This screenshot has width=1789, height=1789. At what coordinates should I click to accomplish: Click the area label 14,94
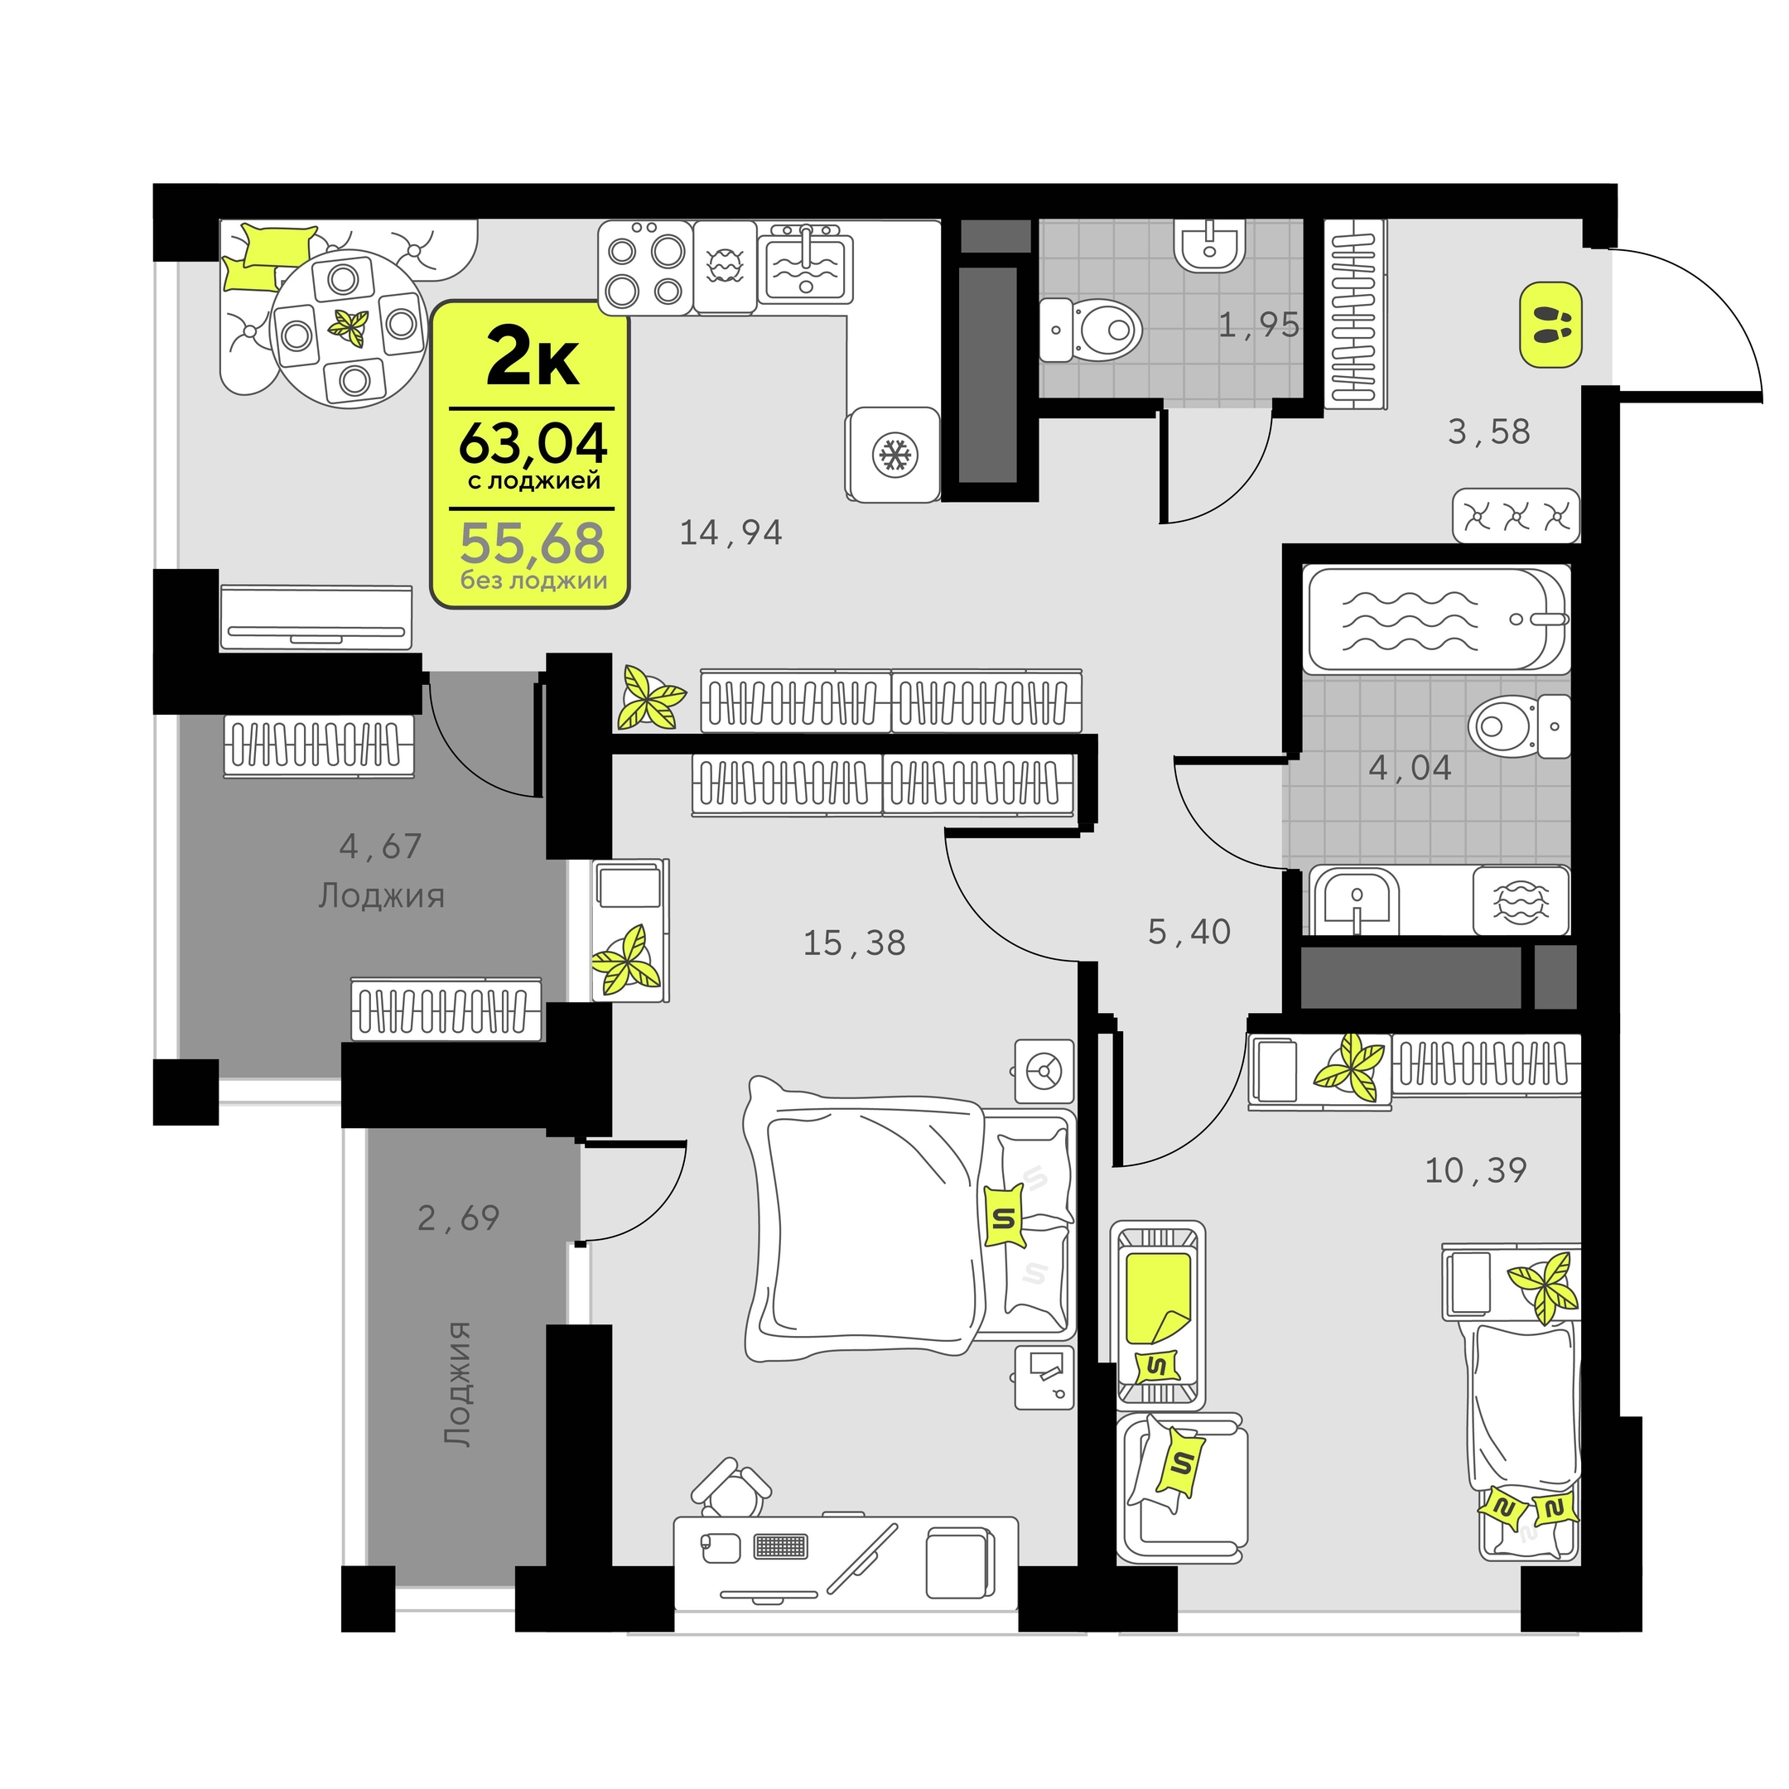(731, 533)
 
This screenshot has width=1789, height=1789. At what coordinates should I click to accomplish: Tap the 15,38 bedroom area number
(854, 943)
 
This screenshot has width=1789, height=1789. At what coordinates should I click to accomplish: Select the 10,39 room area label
(1475, 1170)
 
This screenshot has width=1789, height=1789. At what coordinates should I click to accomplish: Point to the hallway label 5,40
(1189, 932)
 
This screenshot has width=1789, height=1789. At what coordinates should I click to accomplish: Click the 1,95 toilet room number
(1258, 325)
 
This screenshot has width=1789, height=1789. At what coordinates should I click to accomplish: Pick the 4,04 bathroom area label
(1410, 768)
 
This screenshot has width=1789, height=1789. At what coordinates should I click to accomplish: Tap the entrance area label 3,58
(1489, 432)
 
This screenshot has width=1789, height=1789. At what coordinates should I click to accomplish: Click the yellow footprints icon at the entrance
(1550, 325)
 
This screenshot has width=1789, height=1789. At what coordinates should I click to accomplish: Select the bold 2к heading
(533, 359)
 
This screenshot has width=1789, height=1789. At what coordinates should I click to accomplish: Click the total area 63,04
(533, 444)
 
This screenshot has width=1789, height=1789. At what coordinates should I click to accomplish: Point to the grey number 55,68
(533, 543)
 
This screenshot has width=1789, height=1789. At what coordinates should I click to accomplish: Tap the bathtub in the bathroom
(1436, 619)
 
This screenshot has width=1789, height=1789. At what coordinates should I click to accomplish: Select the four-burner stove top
(645, 268)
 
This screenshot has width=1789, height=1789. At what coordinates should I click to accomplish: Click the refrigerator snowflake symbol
(894, 455)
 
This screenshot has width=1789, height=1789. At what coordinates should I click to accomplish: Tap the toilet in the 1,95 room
(1090, 330)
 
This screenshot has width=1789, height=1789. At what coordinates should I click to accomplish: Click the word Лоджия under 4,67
(382, 897)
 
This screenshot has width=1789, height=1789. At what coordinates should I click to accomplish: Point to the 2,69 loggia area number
(458, 1218)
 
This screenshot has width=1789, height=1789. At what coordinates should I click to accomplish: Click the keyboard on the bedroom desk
(782, 1546)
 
